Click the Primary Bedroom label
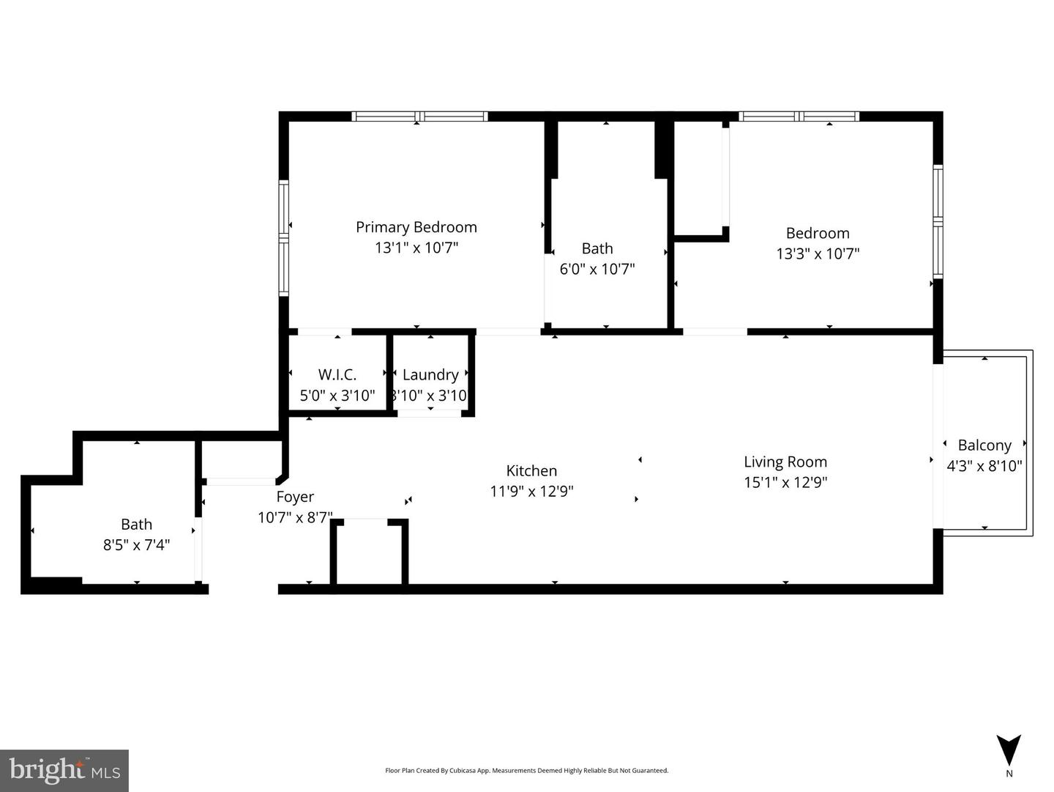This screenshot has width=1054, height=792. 416,227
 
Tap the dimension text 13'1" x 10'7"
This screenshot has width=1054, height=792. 416,248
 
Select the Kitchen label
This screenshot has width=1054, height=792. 531,471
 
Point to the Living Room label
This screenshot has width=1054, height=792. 785,462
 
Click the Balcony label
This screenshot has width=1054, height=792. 984,445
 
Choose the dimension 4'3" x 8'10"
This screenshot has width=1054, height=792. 984,466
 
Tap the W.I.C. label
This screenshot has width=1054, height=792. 337,375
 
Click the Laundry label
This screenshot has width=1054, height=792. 430,375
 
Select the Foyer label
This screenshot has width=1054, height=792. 295,497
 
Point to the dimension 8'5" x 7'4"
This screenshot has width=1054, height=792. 137,545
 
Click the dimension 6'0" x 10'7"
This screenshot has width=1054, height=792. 597,269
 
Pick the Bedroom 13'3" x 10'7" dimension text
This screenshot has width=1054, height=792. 818,254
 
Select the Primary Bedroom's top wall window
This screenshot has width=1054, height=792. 419,116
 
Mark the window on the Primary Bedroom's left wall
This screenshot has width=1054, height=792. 284,237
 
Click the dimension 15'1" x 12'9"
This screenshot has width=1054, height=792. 785,483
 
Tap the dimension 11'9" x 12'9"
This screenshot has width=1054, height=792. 531,492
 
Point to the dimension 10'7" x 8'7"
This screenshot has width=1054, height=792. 295,518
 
